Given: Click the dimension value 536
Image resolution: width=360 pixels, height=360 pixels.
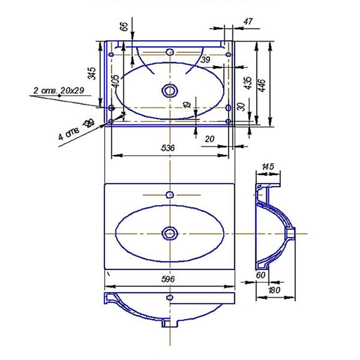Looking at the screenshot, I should [169, 148].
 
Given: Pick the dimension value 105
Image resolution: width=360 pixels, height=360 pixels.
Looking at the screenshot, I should [116, 80].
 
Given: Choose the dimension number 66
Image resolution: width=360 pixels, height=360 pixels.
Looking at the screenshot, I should [124, 27].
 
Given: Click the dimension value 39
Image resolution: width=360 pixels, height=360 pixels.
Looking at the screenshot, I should [206, 60].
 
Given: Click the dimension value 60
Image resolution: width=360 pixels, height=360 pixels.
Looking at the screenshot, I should [260, 276].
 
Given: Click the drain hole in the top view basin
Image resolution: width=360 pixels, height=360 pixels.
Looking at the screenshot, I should [169, 91].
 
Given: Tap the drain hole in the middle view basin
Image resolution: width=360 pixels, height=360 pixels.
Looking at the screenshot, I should [169, 233].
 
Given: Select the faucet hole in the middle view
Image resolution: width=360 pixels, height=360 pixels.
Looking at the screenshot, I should [169, 195].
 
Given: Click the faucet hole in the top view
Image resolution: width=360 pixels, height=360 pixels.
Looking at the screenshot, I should [170, 52].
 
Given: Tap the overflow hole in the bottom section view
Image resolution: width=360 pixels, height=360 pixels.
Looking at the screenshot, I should [169, 298].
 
